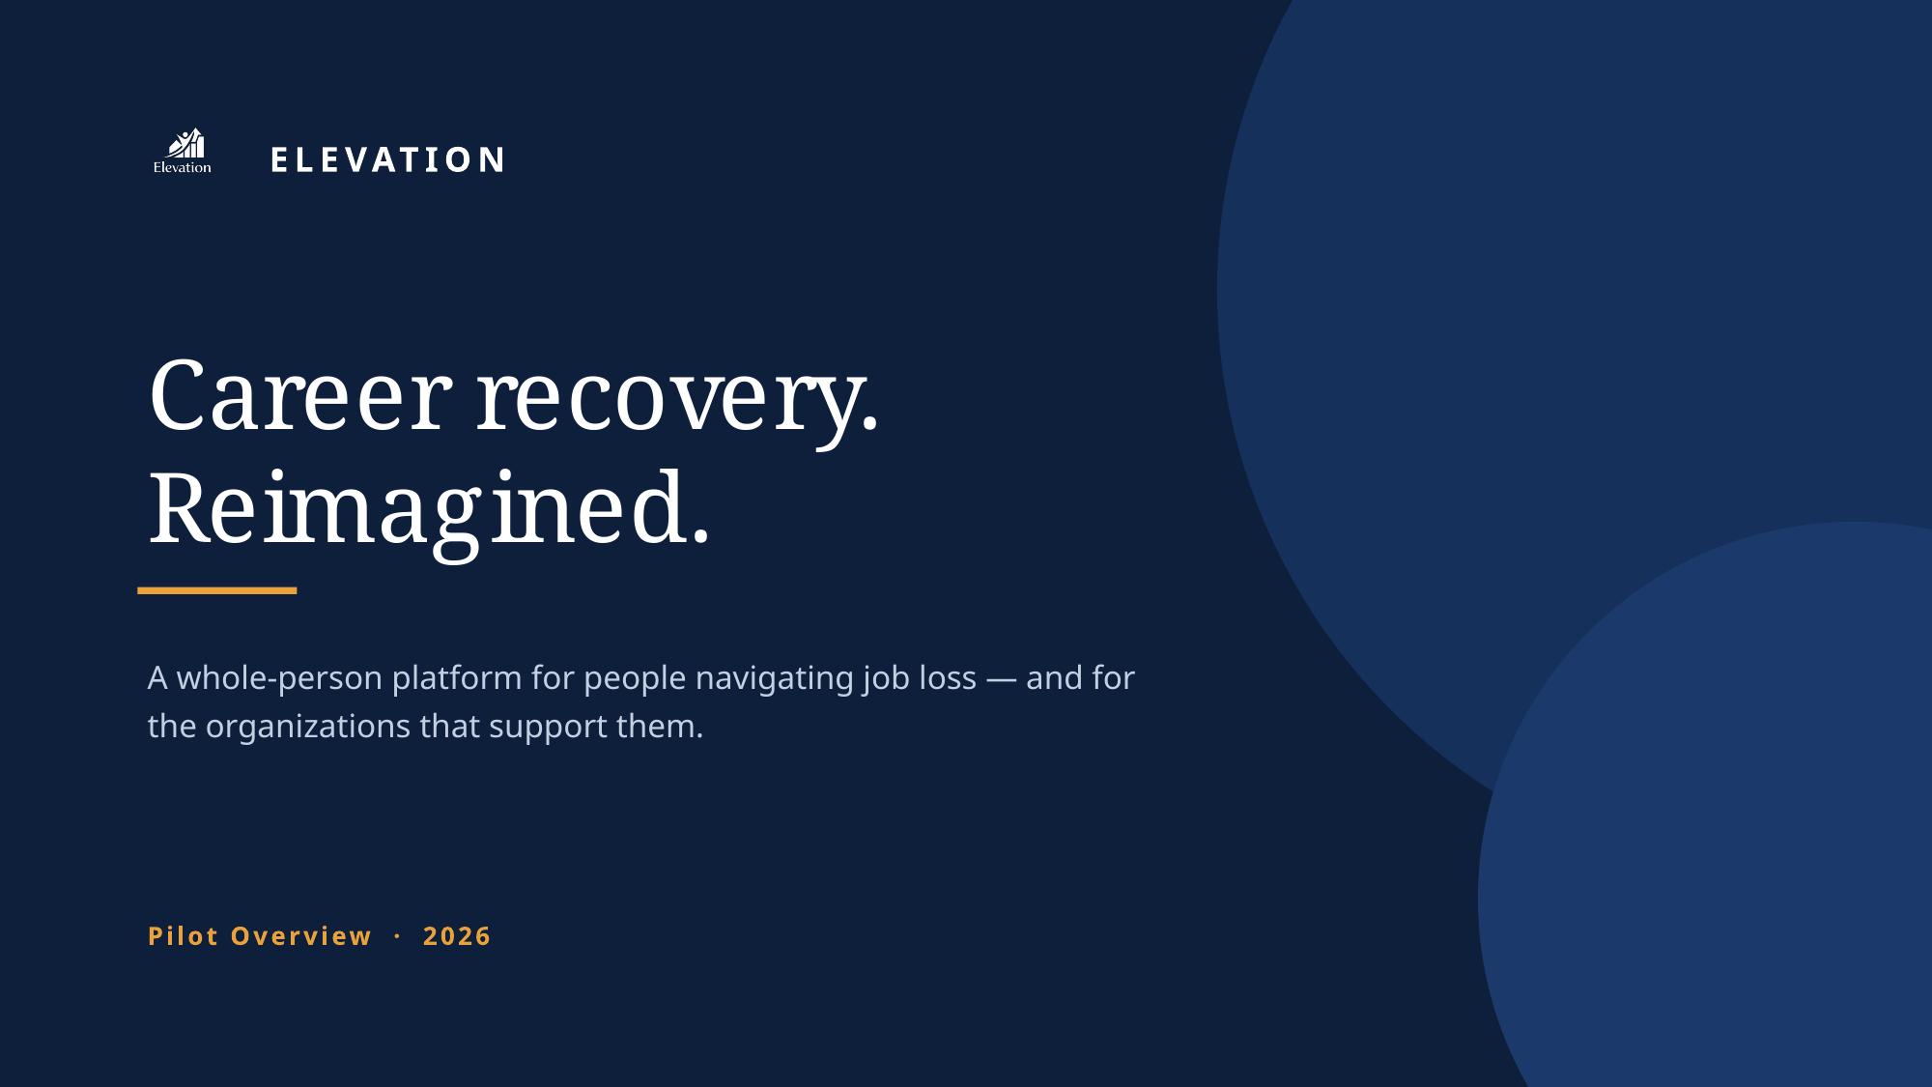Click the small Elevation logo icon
click(183, 151)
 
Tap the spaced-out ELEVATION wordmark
click(387, 160)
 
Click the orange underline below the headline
click(217, 590)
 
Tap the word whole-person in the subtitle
click(279, 679)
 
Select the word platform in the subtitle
click(457, 679)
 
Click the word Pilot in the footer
click(184, 936)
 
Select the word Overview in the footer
click(301, 936)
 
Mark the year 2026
click(458, 936)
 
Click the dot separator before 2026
click(398, 936)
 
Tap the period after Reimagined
click(701, 539)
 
